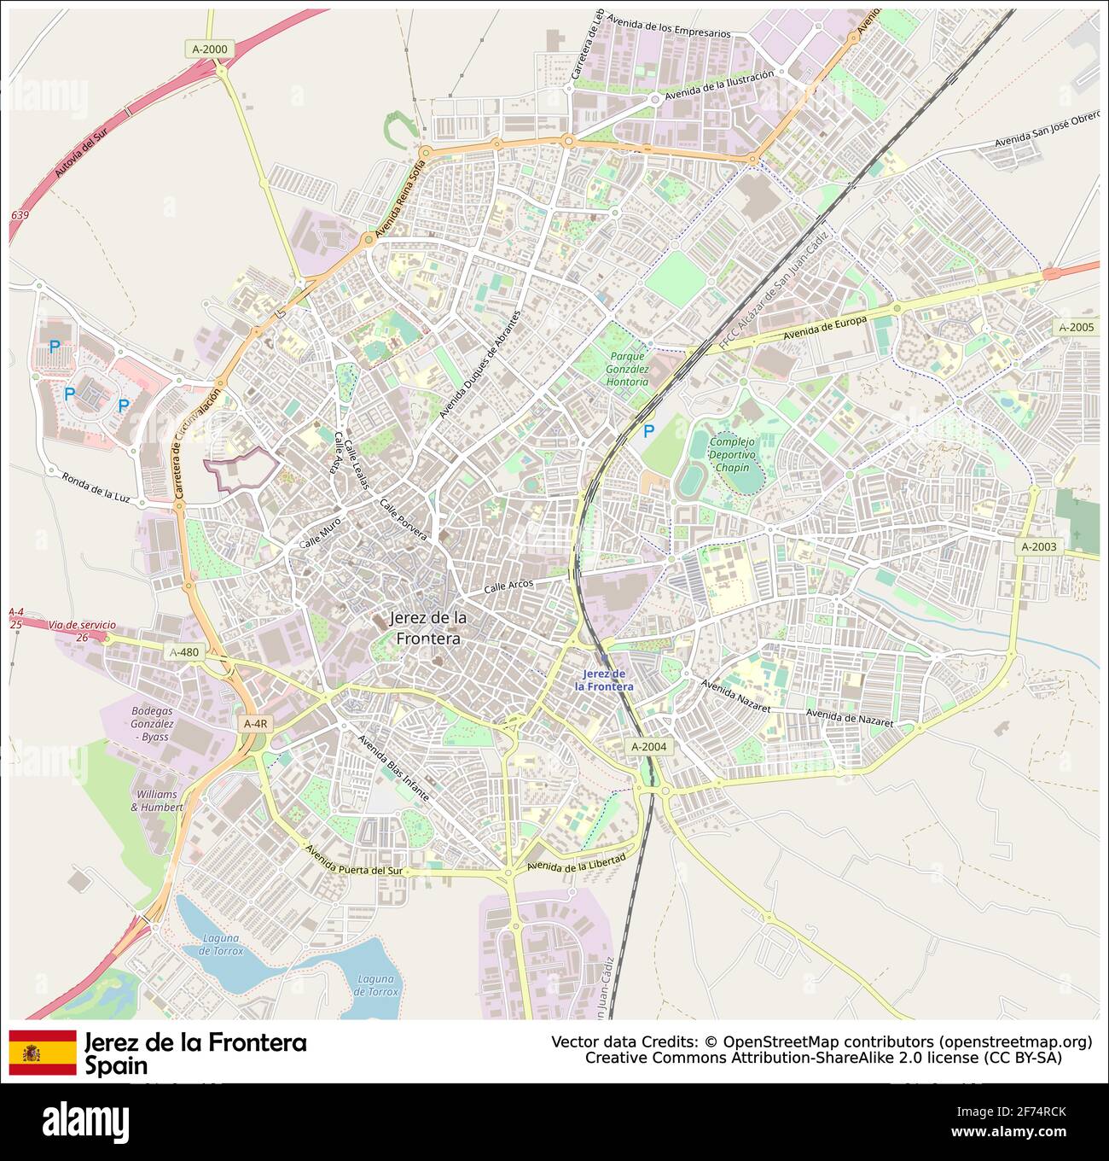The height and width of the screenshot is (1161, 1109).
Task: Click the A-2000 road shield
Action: point(210,49)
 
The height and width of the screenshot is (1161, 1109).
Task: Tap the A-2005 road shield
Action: point(1076,327)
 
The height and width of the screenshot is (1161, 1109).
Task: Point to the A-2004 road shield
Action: point(648,747)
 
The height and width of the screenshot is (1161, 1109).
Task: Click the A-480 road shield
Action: point(183,653)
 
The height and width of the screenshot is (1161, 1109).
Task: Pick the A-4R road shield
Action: point(255,723)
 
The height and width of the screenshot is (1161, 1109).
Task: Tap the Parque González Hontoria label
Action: point(628,369)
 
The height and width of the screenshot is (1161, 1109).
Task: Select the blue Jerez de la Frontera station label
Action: point(604,680)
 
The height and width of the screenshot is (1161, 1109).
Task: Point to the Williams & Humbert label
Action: point(156,800)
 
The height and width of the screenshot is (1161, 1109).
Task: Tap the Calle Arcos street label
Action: point(508,586)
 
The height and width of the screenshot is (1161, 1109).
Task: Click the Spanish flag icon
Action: point(43,1052)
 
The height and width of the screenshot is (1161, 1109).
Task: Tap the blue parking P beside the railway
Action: point(648,432)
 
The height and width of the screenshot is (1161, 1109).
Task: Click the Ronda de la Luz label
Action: point(96,487)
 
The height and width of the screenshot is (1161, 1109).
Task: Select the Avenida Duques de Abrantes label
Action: point(479,365)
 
